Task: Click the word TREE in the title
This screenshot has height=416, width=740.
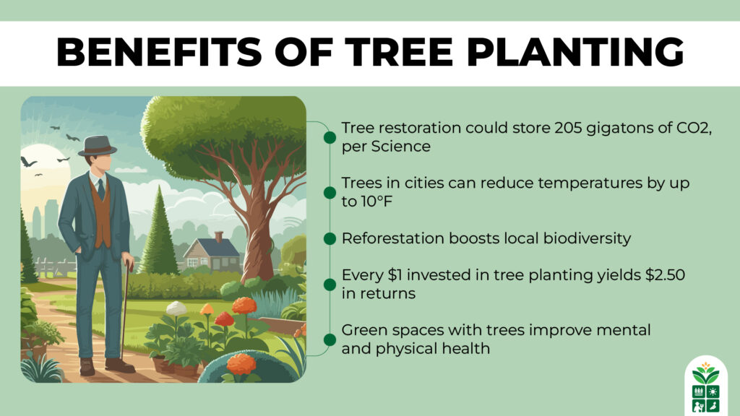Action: pyautogui.click(x=398, y=51)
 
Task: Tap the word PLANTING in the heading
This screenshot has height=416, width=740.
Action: pyautogui.click(x=575, y=51)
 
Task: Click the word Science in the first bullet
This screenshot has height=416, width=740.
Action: pyautogui.click(x=400, y=146)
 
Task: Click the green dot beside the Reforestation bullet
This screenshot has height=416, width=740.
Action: pyautogui.click(x=330, y=238)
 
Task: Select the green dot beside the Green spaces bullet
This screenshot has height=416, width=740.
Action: pyautogui.click(x=330, y=339)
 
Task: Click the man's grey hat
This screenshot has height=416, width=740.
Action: pyautogui.click(x=98, y=146)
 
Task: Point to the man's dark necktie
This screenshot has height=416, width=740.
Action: pyautogui.click(x=101, y=189)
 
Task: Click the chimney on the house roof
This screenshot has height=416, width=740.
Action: pyautogui.click(x=218, y=237)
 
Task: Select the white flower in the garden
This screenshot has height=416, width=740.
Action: pyautogui.click(x=176, y=308)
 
